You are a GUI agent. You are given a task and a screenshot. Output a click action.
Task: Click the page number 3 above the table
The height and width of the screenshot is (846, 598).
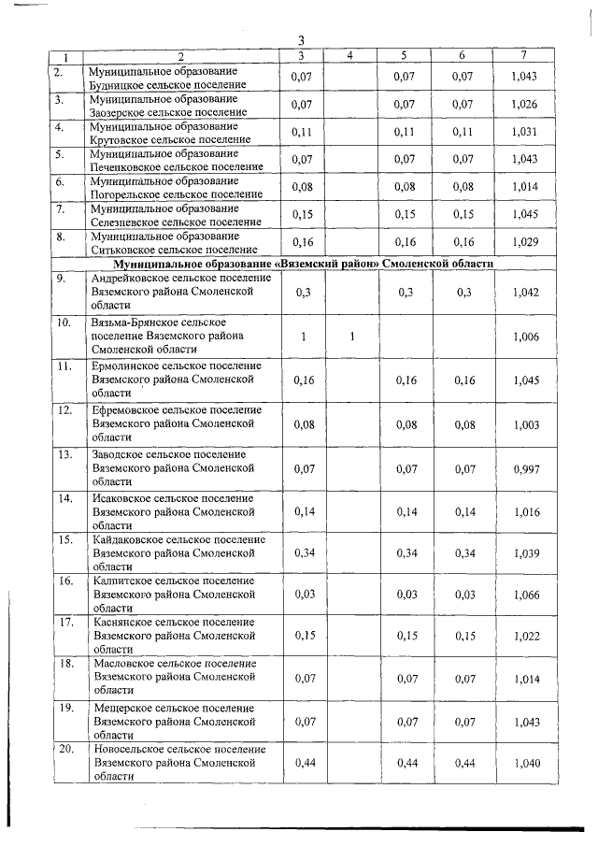coord(301,40)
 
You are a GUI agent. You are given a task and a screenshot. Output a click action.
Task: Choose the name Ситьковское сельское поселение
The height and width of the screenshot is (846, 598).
coord(173,250)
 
